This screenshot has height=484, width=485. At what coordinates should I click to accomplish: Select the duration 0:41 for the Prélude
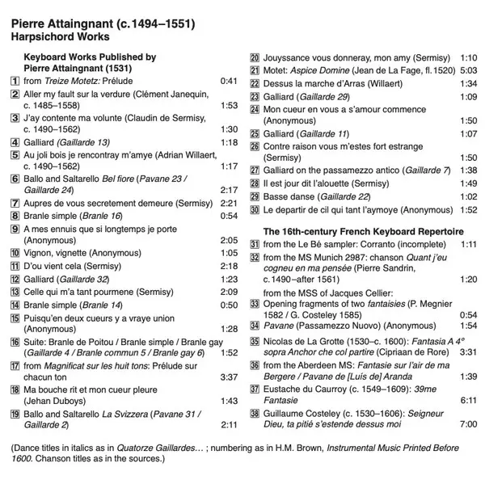pyautogui.click(x=228, y=81)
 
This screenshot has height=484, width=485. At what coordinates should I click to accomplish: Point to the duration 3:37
pyautogui.click(x=228, y=376)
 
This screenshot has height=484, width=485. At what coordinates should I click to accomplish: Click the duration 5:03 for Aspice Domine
pyautogui.click(x=467, y=71)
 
